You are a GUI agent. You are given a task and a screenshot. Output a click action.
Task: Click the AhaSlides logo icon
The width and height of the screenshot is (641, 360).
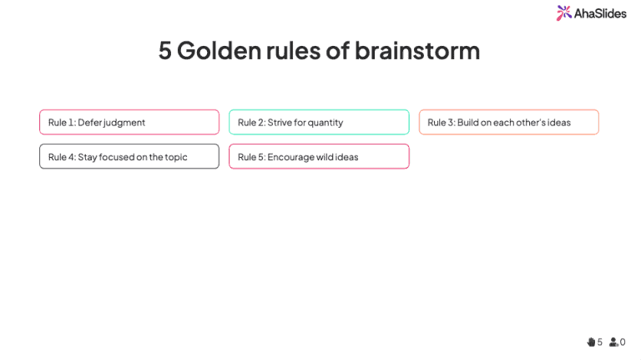tap(564, 13)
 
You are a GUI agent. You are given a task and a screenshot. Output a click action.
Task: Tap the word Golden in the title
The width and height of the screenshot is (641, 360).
tap(218, 50)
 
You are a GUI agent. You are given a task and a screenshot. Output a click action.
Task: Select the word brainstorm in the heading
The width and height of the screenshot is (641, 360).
tap(416, 50)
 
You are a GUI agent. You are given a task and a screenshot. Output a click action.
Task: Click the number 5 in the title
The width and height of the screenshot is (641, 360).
tap(164, 50)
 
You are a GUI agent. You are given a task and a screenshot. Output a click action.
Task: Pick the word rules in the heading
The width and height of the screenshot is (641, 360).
tap(293, 50)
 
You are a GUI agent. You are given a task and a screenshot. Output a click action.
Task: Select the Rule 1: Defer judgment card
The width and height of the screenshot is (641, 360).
tap(129, 122)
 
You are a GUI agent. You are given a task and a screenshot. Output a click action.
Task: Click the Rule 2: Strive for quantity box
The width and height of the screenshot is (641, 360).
tap(319, 122)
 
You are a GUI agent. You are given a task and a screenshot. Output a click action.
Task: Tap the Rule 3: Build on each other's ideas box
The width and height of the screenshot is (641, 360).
tap(508, 122)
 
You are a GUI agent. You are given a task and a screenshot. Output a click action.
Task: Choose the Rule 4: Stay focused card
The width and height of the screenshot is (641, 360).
tap(129, 156)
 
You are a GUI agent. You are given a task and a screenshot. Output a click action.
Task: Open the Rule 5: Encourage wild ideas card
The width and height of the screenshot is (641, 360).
tap(319, 156)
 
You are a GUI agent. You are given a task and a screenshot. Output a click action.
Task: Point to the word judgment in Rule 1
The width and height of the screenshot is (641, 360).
tap(124, 123)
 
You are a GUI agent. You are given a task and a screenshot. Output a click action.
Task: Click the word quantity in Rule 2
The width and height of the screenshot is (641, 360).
tap(325, 123)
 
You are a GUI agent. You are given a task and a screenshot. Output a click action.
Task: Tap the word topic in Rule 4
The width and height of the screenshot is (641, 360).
tap(176, 157)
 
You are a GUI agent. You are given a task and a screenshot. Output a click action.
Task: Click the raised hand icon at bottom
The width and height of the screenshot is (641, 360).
tap(591, 342)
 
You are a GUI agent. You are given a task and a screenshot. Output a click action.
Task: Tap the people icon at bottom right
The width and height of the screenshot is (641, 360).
tap(613, 342)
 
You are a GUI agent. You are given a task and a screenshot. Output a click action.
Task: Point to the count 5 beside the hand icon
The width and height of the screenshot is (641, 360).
tap(600, 342)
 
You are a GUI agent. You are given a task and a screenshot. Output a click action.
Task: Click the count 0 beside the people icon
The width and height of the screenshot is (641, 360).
tap(623, 342)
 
